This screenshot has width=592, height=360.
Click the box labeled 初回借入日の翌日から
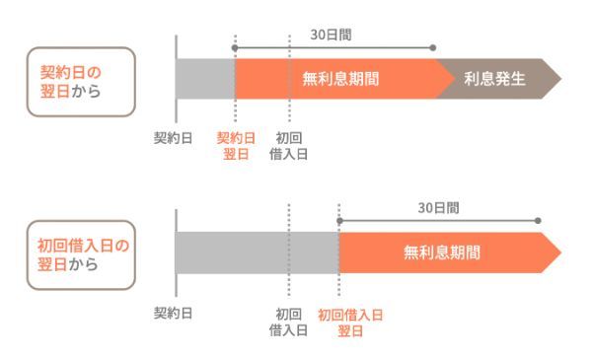(x=82, y=254)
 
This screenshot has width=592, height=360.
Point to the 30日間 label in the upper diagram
(x=335, y=34)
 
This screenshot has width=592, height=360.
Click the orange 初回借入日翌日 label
(x=350, y=322)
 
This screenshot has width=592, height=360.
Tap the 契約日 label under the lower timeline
(x=173, y=314)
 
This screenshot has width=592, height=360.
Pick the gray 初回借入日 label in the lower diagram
(x=289, y=322)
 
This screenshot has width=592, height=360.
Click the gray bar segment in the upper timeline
(x=205, y=79)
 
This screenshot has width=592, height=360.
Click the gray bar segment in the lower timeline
(x=257, y=252)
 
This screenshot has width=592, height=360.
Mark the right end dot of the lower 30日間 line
(x=539, y=221)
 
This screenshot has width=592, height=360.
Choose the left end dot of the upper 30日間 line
(x=236, y=46)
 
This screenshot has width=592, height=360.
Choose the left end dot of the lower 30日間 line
(x=338, y=221)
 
